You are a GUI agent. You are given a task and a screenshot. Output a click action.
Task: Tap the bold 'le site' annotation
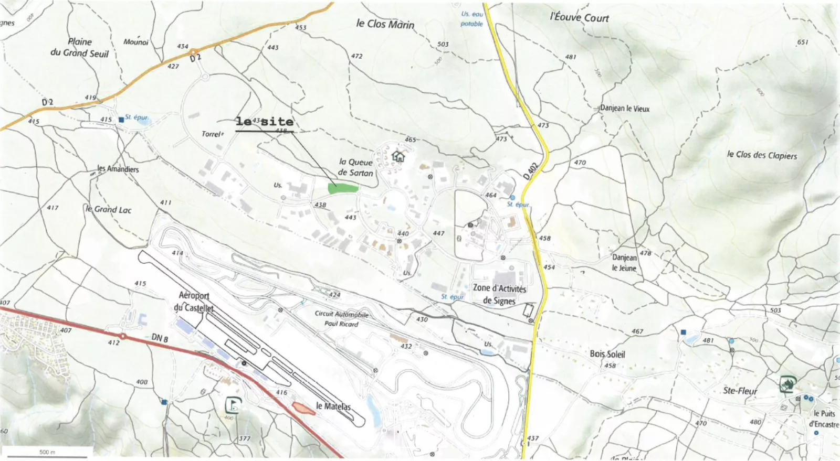[264, 122]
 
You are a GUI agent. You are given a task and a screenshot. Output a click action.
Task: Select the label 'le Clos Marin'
[385, 24]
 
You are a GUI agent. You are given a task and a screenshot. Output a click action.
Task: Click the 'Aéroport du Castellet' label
[194, 302]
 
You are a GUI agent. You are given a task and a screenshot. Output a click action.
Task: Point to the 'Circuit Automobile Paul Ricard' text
[341, 318]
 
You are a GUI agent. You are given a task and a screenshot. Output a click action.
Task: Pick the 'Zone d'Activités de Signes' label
[499, 294]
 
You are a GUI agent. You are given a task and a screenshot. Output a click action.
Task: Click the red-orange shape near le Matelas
[303, 409]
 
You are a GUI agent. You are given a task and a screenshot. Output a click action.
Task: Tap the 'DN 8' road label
[160, 338]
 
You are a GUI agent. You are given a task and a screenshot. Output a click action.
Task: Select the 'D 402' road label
[531, 171]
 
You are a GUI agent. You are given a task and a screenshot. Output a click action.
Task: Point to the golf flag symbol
[233, 405]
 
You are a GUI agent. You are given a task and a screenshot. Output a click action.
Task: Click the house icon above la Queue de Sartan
[398, 156]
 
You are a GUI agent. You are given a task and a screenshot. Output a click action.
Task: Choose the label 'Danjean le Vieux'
[625, 109]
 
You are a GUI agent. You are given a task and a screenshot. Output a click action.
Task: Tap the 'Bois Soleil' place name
[607, 354]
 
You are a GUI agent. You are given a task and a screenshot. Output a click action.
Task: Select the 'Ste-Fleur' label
[740, 391]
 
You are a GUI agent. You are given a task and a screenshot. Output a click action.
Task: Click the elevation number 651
[803, 42]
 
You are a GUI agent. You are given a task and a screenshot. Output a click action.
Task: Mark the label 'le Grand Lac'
[109, 209]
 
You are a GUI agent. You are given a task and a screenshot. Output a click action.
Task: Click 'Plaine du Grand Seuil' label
[80, 47]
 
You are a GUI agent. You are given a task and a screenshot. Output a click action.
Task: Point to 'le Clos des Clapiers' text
[762, 155]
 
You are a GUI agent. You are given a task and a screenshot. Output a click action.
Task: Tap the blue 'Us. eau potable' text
[471, 19]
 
